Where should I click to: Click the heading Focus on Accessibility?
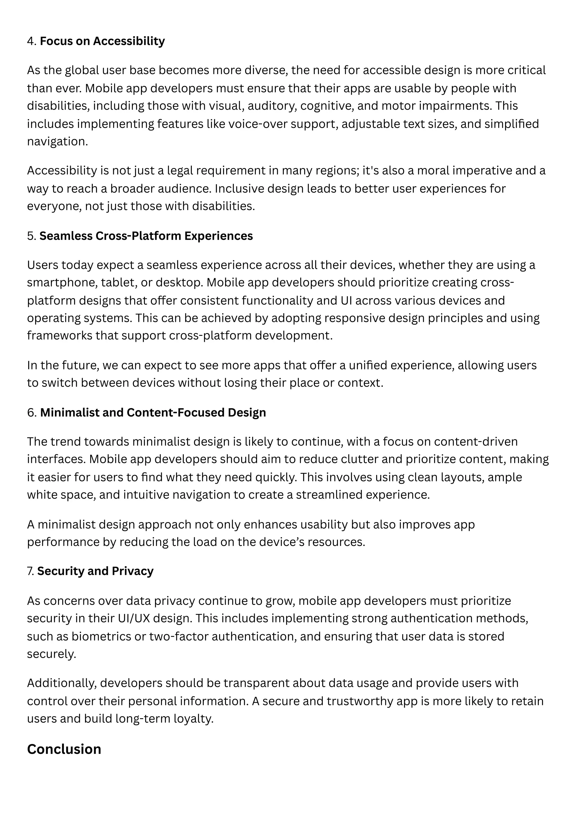(x=102, y=41)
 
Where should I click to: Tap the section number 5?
(x=31, y=236)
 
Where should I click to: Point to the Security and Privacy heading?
(x=95, y=571)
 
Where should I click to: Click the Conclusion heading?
(x=64, y=749)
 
